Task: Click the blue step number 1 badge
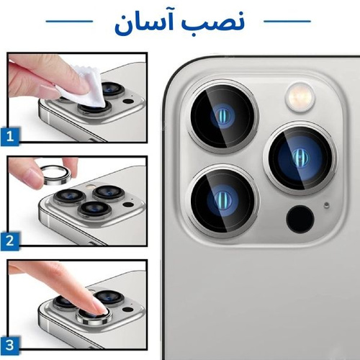point(10,137)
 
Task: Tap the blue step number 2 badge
point(10,241)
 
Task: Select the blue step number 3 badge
point(10,346)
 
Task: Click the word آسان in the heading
point(143,24)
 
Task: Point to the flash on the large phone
point(300,97)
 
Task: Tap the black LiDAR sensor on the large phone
point(300,219)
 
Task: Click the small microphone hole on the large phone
point(326,205)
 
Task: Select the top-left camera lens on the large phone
point(222,116)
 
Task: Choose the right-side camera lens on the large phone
point(300,158)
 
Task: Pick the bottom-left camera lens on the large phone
point(222,201)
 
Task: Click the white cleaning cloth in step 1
point(84,86)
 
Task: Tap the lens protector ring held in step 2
point(56,176)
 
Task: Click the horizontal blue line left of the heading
point(69,22)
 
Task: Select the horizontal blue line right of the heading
point(287,22)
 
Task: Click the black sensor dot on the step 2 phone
point(128,204)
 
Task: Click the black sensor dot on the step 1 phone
point(128,101)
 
